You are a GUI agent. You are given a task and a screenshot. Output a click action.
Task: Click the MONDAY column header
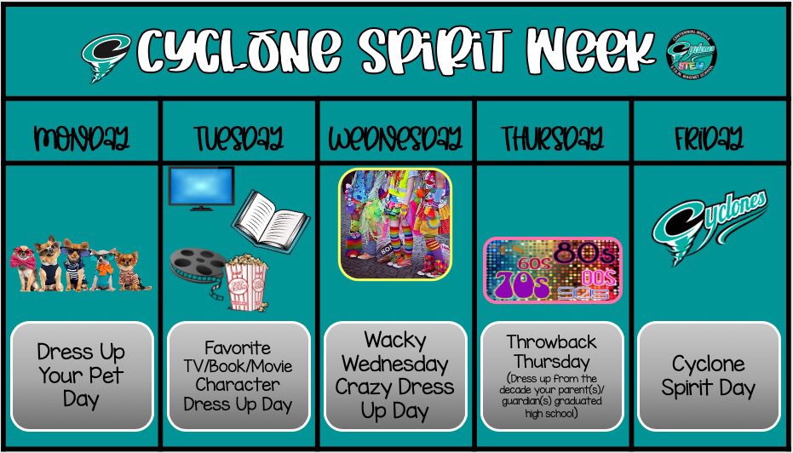tap(82, 138)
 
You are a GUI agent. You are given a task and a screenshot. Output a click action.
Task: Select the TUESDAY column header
tap(238, 138)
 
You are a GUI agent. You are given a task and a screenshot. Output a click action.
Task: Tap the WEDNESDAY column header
tap(395, 138)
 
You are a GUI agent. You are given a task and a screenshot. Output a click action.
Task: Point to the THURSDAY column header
tap(552, 138)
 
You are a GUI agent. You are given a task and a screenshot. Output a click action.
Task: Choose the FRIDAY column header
tap(708, 138)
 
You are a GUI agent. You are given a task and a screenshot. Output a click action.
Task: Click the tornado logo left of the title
tap(106, 54)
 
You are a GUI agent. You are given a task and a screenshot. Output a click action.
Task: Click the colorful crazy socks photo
tap(395, 223)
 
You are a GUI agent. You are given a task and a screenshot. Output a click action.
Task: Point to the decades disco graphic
tap(552, 270)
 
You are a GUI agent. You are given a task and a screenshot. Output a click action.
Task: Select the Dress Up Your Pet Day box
tap(82, 376)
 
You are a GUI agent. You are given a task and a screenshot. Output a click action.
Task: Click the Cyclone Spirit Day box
tap(708, 376)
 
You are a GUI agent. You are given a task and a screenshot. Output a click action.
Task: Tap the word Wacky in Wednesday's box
tap(394, 341)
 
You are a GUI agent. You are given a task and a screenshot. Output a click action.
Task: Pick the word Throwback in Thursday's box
tap(551, 341)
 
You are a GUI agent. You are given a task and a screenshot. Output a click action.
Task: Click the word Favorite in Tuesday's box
tap(238, 347)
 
